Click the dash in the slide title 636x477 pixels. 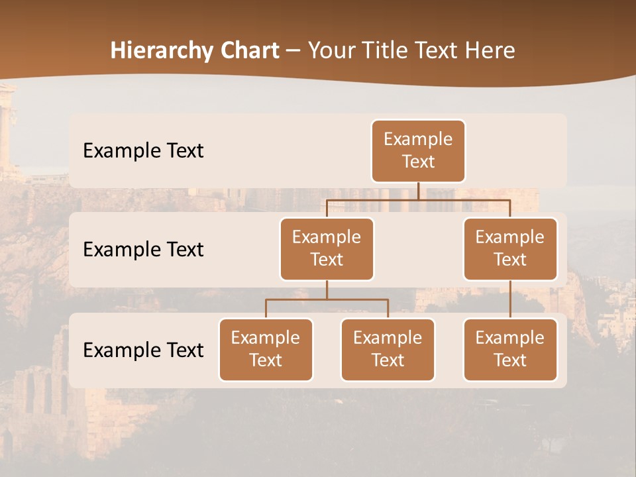293,51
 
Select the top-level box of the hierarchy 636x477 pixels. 418,151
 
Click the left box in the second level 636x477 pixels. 327,249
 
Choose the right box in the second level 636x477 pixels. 510,249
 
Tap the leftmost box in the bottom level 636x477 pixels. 266,350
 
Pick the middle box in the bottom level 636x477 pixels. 388,350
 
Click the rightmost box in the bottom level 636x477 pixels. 510,350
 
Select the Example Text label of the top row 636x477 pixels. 143,151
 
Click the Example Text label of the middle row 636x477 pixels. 143,250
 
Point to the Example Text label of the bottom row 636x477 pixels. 143,350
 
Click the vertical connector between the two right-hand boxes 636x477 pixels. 510,299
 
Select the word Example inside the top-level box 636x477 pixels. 418,140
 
